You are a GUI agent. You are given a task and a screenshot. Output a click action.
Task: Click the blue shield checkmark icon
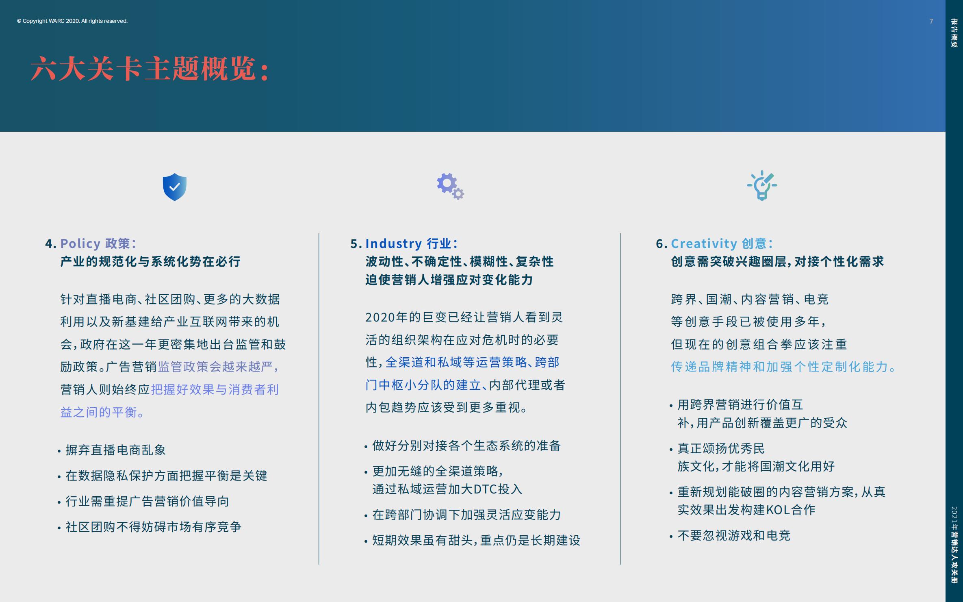point(175,187)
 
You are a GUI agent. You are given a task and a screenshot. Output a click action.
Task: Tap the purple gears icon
point(450,186)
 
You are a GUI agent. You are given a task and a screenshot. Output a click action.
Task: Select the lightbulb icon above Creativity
point(762,186)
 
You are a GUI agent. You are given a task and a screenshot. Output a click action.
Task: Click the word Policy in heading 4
point(80,243)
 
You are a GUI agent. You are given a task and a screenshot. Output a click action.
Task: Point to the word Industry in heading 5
point(393,243)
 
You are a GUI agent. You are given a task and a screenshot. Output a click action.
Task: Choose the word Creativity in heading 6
point(704,243)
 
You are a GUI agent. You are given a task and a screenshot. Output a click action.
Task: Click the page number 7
point(931,21)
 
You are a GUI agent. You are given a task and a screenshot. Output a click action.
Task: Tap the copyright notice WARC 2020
point(72,21)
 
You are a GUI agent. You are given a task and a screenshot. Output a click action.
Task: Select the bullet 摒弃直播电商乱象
point(116,450)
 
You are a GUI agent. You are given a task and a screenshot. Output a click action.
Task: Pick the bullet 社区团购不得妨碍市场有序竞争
point(154,527)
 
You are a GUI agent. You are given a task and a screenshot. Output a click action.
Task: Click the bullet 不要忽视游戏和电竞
point(734,536)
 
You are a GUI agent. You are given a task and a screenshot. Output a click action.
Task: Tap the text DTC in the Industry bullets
point(485,489)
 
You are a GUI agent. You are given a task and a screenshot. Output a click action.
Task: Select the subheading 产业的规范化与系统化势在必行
point(150,261)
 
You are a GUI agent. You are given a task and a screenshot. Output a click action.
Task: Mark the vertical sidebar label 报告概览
point(954,33)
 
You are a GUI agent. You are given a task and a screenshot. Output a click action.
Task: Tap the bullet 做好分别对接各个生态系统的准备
point(466,446)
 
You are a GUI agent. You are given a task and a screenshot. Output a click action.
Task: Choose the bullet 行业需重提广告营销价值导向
point(147,501)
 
